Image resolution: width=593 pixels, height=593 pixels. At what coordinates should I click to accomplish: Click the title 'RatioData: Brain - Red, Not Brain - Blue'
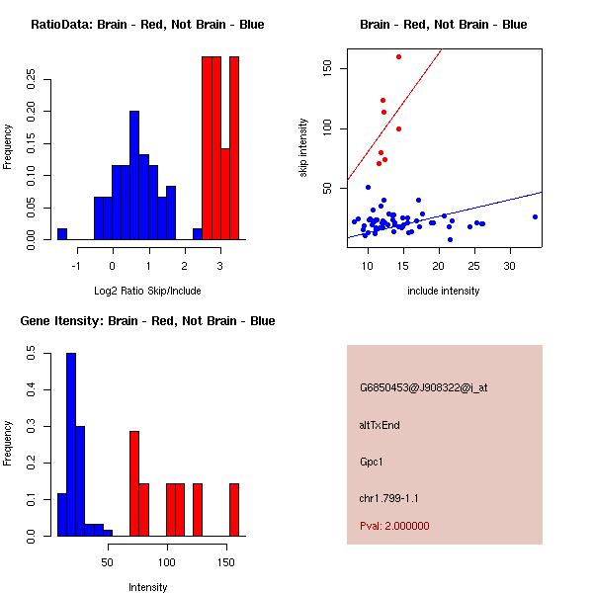coord(147,25)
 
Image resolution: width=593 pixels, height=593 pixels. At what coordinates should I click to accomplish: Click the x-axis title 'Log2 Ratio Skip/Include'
coord(147,291)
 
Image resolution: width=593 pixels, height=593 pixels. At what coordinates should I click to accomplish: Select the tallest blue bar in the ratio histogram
coord(134,174)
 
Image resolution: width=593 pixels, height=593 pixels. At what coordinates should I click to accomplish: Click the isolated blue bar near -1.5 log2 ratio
coord(62,233)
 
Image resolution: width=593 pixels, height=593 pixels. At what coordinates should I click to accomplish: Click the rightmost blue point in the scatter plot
coord(535,216)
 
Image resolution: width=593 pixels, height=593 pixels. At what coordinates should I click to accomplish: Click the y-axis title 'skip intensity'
coord(303,148)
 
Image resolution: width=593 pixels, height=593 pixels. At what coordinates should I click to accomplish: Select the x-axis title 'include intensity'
coord(444,291)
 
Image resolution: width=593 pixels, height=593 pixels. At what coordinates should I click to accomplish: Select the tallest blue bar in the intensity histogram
coord(71,444)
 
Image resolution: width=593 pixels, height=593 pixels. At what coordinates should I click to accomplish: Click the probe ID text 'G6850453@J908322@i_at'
coord(423,387)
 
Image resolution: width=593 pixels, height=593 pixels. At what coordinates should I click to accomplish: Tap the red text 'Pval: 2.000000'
coord(394,526)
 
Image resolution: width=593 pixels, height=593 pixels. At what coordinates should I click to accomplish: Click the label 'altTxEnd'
coord(380,425)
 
